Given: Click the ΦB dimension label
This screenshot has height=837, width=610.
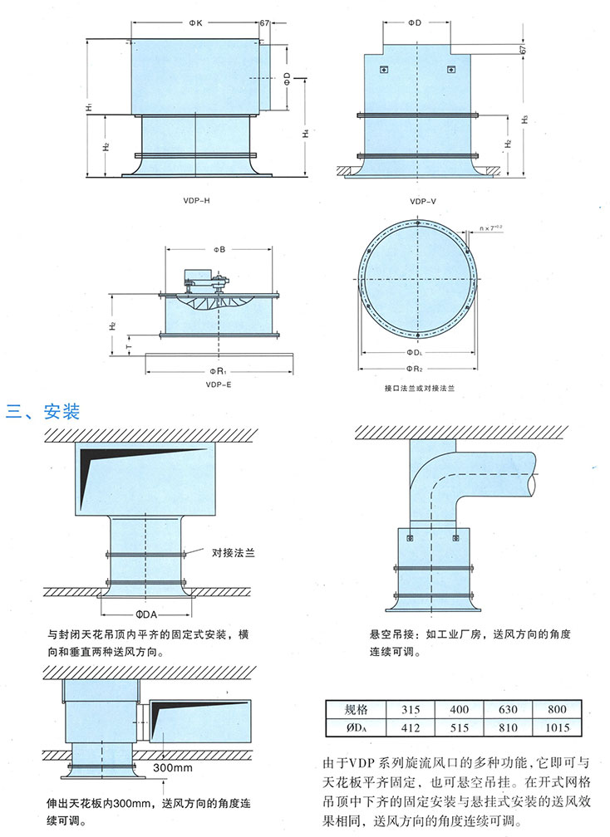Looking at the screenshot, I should [x=219, y=248].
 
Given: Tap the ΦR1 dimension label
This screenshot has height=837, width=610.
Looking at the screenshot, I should [x=218, y=370].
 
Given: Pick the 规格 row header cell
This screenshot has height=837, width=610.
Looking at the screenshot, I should [x=355, y=710].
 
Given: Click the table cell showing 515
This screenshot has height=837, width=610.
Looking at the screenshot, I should [x=458, y=728].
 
